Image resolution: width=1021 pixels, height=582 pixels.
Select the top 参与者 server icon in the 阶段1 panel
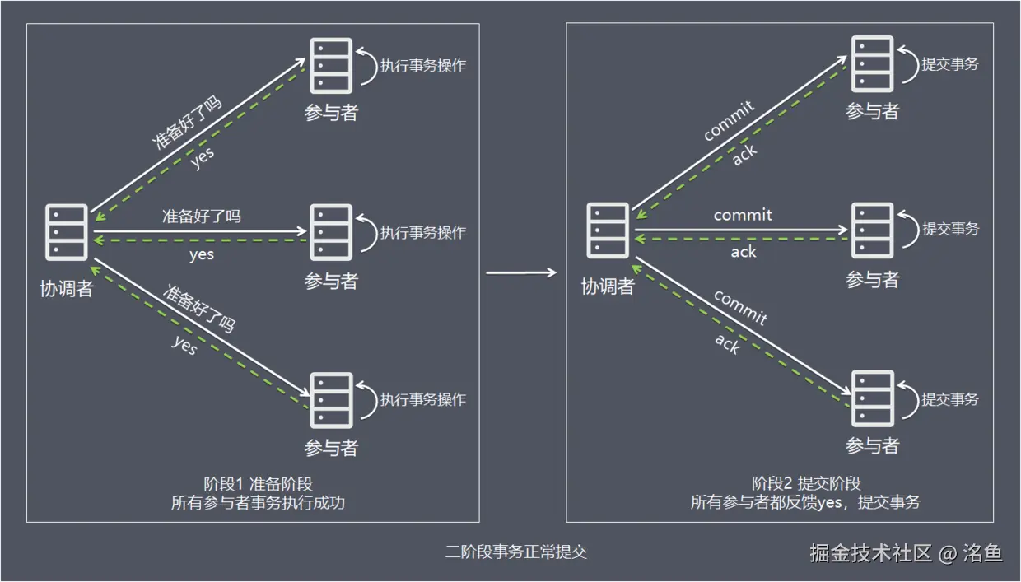point(331,64)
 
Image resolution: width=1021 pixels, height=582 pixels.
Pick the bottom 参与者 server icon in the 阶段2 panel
point(872,398)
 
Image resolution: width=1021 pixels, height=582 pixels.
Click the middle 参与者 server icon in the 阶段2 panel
point(872,230)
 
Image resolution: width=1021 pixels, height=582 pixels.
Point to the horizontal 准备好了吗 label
point(202,217)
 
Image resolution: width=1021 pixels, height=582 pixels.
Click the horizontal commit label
point(743,215)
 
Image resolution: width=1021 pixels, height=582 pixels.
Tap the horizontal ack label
point(743,252)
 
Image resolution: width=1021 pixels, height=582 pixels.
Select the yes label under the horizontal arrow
point(202,254)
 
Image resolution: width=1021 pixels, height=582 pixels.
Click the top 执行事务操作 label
point(422,65)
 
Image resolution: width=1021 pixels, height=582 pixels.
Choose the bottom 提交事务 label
point(950,399)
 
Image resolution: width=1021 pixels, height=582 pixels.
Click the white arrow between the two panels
point(521,272)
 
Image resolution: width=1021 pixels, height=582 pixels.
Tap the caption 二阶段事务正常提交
point(516,552)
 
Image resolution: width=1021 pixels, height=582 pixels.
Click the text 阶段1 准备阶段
point(258,484)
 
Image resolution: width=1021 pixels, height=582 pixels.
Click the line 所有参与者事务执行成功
point(258,503)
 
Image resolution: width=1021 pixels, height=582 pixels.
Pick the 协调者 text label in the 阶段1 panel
point(67,288)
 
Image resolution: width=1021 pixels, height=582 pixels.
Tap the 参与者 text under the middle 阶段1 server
point(331,281)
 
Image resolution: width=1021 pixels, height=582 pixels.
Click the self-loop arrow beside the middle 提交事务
point(907,229)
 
